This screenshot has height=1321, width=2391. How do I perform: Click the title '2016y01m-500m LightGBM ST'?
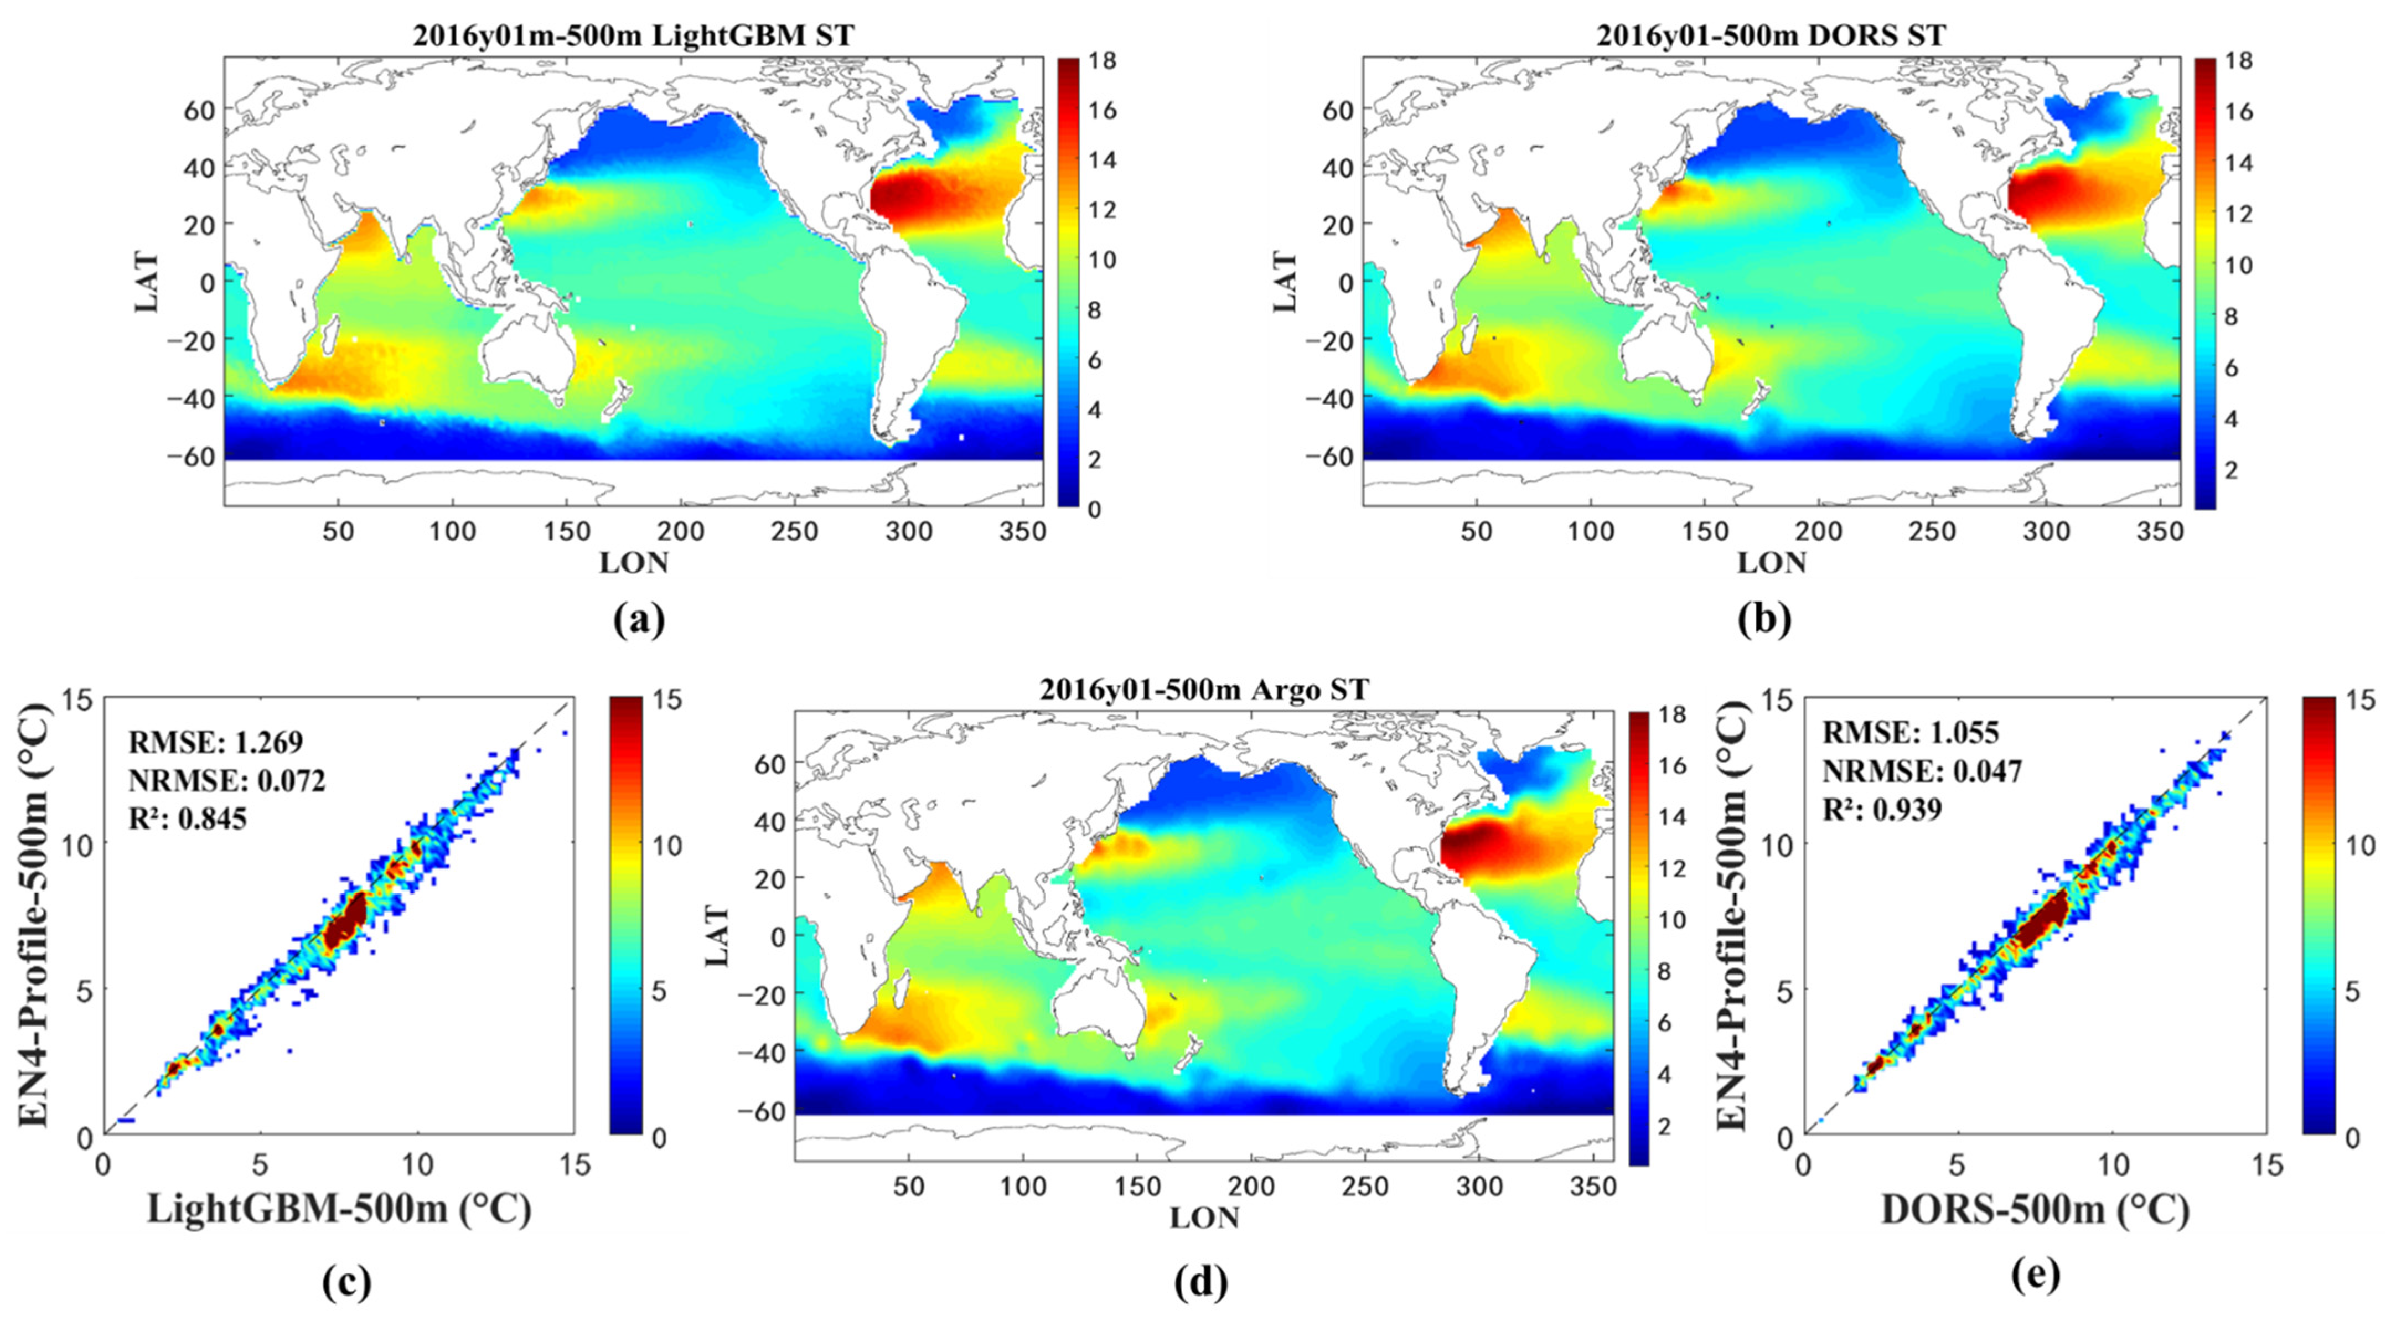pyautogui.click(x=633, y=35)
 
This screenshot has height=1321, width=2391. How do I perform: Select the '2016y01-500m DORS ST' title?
pyautogui.click(x=1771, y=35)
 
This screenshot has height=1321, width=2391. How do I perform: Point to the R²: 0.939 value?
pyautogui.click(x=1882, y=810)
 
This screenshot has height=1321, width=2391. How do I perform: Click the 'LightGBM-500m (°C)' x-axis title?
pyautogui.click(x=339, y=1210)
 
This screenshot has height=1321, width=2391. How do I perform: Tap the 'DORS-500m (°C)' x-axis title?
pyautogui.click(x=2035, y=1210)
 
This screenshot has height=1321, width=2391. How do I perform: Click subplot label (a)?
pyautogui.click(x=639, y=620)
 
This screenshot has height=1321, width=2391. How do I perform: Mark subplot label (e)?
pyautogui.click(x=2036, y=1276)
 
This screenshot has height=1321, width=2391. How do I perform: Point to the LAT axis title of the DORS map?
pyautogui.click(x=1286, y=281)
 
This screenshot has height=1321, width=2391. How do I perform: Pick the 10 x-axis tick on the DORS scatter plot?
pyautogui.click(x=2114, y=1164)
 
